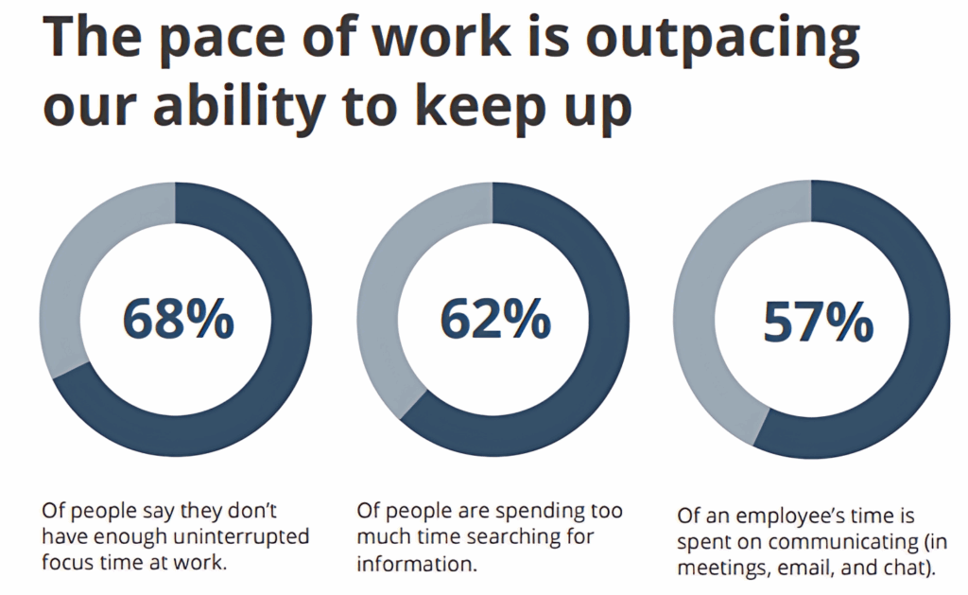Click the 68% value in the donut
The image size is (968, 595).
(178, 319)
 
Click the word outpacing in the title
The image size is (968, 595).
(720, 41)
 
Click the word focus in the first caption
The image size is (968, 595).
(68, 563)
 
